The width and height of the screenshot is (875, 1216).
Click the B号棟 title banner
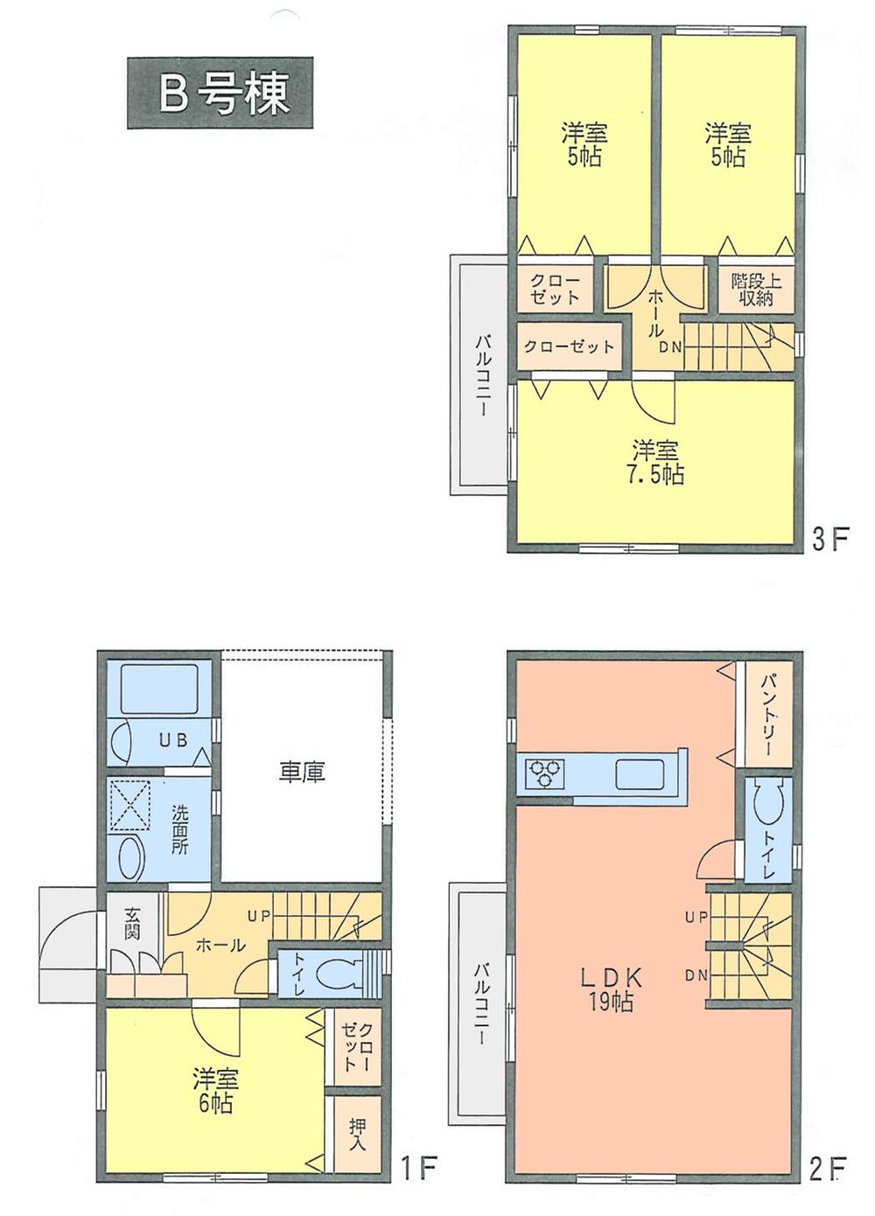[x=220, y=93]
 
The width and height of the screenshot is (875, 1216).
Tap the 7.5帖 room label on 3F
[x=655, y=463]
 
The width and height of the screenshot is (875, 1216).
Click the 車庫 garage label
[x=302, y=772]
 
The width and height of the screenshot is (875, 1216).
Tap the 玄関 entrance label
[x=132, y=923]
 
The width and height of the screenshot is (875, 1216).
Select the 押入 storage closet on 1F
[x=356, y=1134]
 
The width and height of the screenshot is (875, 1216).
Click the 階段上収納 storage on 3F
[x=757, y=290]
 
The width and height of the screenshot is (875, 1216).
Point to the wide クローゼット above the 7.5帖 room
[x=569, y=346]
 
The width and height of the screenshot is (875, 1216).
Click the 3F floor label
[x=830, y=540]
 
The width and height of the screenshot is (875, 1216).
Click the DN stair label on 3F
[x=670, y=346]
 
